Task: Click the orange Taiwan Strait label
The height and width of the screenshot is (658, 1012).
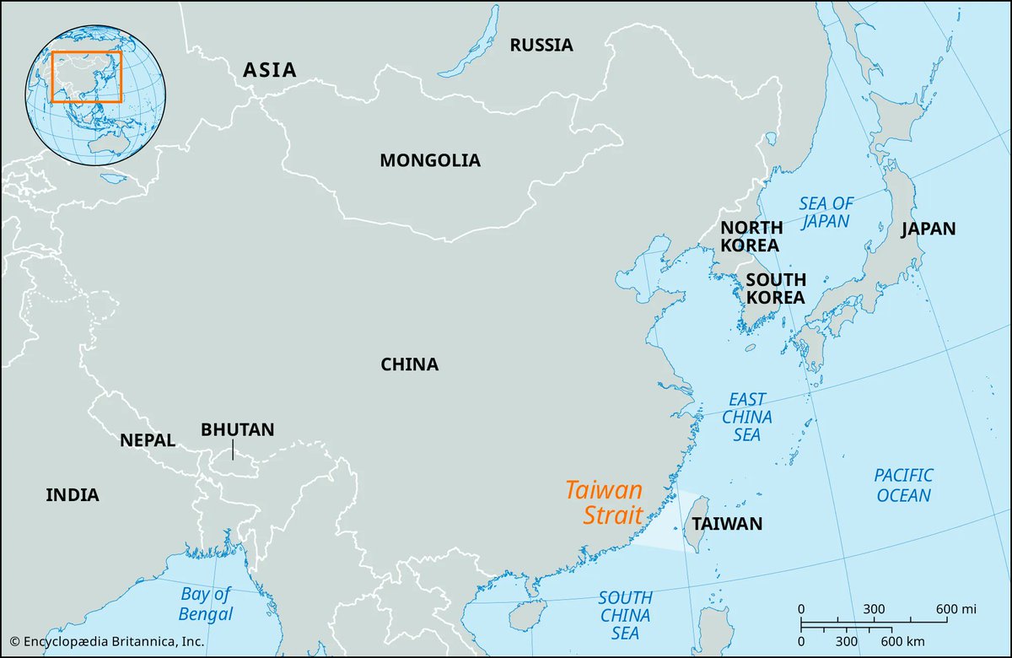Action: (604, 503)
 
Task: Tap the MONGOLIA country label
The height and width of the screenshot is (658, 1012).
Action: (429, 160)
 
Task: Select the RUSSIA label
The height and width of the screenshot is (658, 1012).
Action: (541, 46)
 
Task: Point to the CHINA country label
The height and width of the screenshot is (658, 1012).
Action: (409, 365)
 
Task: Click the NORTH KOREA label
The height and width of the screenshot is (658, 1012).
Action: (751, 236)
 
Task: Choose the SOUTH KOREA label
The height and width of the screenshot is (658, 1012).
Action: (775, 289)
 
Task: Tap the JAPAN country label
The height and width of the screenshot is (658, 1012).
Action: (929, 229)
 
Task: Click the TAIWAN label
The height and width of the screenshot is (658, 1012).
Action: (727, 524)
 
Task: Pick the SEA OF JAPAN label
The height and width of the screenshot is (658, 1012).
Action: (826, 213)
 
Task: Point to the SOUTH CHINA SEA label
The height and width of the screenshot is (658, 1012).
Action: (625, 616)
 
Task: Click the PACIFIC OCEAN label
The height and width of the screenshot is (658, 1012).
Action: (903, 485)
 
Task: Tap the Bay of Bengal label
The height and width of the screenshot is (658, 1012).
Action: (206, 604)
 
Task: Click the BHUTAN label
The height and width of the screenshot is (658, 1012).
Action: (237, 429)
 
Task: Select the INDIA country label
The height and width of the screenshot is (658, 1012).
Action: (73, 495)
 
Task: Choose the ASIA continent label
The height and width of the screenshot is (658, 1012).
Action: (270, 70)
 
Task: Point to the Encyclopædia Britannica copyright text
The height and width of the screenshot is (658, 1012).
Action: (107, 642)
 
